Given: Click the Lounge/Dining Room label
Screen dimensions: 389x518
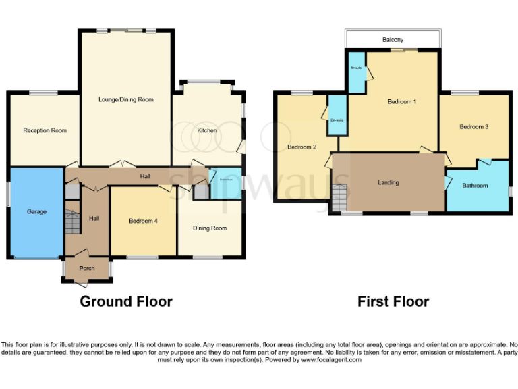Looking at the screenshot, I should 126,99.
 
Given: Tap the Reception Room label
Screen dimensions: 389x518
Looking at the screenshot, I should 45,130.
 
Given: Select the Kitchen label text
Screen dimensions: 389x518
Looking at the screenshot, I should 206,130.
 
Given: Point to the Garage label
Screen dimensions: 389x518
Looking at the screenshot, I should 36,211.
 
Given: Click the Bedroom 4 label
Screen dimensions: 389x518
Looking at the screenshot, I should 143,220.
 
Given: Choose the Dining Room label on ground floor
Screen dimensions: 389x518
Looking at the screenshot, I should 210,228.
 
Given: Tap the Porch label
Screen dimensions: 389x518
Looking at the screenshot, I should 87,268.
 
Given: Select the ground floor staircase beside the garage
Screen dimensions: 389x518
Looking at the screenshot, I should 72,221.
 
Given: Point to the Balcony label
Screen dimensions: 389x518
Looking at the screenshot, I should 393,40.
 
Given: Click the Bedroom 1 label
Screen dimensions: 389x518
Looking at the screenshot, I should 401,102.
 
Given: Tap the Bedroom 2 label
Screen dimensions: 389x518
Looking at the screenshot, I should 301,147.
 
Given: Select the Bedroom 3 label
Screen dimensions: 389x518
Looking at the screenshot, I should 473,126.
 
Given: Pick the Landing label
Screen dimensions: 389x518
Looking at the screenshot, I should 388,182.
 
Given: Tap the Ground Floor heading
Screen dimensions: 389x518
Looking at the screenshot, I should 126,301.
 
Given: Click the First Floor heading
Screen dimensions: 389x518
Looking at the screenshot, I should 393,301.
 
